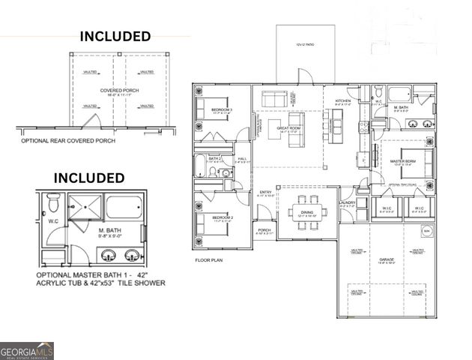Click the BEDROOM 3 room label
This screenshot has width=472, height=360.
tap(222, 109)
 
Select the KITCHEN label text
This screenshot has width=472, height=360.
tap(343, 100)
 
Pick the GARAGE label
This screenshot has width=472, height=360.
tap(386, 259)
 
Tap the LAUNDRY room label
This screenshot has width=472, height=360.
tap(347, 202)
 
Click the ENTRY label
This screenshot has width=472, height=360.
tap(266, 193)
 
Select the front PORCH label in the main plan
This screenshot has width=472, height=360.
tap(264, 230)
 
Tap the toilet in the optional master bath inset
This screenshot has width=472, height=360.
tap(53, 203)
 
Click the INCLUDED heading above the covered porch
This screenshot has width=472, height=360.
tap(115, 36)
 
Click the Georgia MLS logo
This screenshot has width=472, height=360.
tap(27, 349)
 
